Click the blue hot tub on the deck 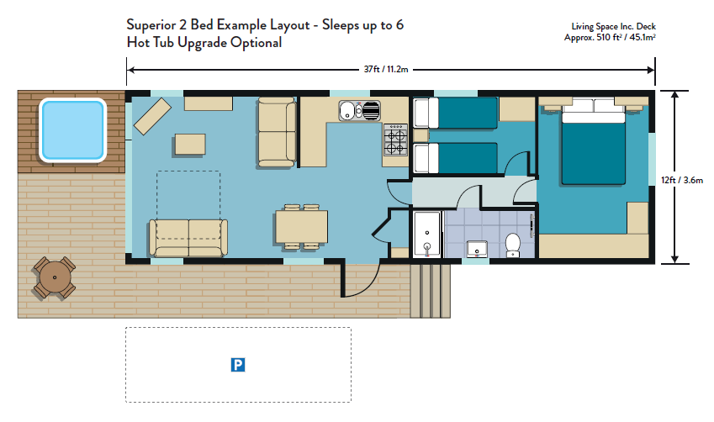tap(73, 130)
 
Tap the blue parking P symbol tap(238, 365)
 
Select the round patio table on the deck tap(54, 277)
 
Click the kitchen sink tap(359, 111)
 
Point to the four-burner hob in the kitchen tap(395, 140)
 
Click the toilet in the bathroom tap(513, 245)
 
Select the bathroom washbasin tap(477, 250)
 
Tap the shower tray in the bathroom tap(427, 234)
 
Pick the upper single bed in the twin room tap(455, 113)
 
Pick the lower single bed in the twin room tap(455, 158)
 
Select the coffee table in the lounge tap(190, 145)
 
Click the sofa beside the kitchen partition tap(277, 133)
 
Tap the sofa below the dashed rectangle tap(188, 238)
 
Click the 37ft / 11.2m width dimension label tap(386, 69)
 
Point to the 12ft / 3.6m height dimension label tap(682, 180)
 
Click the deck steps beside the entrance tap(431, 290)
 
